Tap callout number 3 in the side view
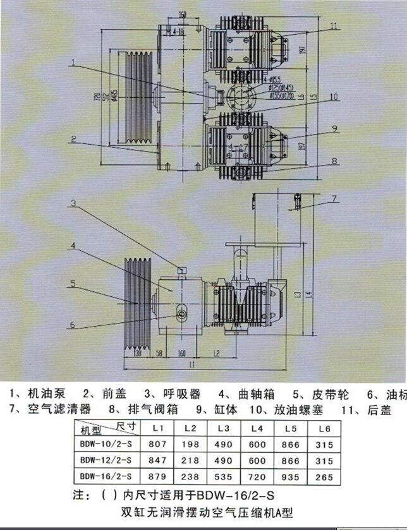(x=73, y=203)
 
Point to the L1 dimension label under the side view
(x=191, y=365)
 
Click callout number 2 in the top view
(x=73, y=138)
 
